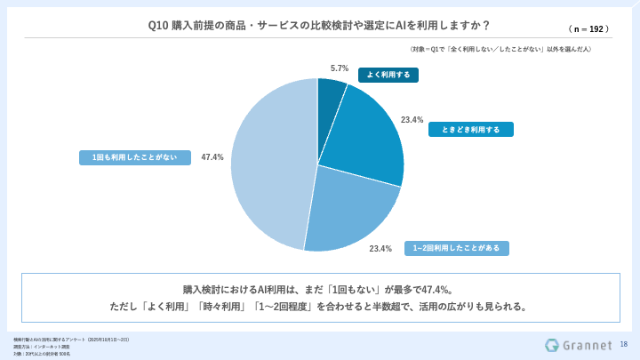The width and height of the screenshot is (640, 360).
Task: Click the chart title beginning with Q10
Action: (x=319, y=25)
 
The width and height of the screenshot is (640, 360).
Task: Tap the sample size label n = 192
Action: (x=588, y=28)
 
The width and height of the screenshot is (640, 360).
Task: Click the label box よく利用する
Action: (x=388, y=75)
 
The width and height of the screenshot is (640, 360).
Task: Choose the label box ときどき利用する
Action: (x=470, y=129)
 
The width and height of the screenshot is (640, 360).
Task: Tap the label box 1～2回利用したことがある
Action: (x=457, y=248)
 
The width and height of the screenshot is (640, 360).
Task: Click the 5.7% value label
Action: (x=339, y=68)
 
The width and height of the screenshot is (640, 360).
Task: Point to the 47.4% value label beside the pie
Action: (x=212, y=157)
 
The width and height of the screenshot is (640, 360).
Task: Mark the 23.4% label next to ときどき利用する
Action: (x=412, y=119)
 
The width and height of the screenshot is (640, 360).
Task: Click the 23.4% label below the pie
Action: (x=380, y=249)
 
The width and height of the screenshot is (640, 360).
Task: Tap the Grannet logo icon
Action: (x=552, y=345)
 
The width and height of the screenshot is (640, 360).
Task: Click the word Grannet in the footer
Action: (x=588, y=345)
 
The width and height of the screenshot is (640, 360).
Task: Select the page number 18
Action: (x=623, y=344)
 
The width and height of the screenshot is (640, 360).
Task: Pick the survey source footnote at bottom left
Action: (x=71, y=340)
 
